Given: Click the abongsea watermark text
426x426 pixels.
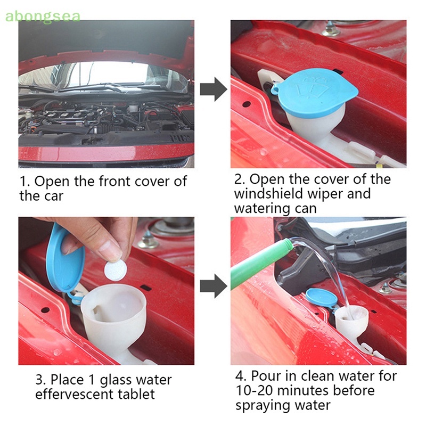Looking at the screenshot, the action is coord(43,17).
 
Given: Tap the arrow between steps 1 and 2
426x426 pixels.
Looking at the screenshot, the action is coord(214,89).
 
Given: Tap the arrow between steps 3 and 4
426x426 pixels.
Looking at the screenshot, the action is coord(214,286).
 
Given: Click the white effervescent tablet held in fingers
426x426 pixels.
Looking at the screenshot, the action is coord(116,271).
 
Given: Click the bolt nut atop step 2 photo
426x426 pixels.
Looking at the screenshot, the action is coord(331,29).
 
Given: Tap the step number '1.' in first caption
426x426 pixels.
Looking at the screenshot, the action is coord(25,181).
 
